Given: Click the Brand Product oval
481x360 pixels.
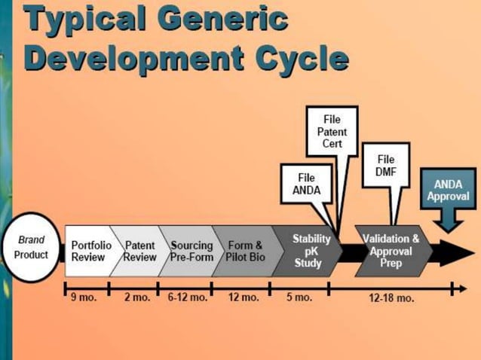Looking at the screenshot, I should (x=32, y=250).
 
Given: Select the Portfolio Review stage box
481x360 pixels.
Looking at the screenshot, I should (x=89, y=251).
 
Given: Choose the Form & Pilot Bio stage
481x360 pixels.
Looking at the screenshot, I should (x=243, y=251).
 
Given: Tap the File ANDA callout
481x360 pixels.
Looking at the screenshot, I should (x=306, y=185).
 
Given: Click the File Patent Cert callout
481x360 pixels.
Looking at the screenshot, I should (x=332, y=132).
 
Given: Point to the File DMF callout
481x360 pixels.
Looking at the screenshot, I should (x=385, y=166).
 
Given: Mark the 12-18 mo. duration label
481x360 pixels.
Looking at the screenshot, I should (x=391, y=298).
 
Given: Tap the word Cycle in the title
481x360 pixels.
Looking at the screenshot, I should (x=301, y=58).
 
